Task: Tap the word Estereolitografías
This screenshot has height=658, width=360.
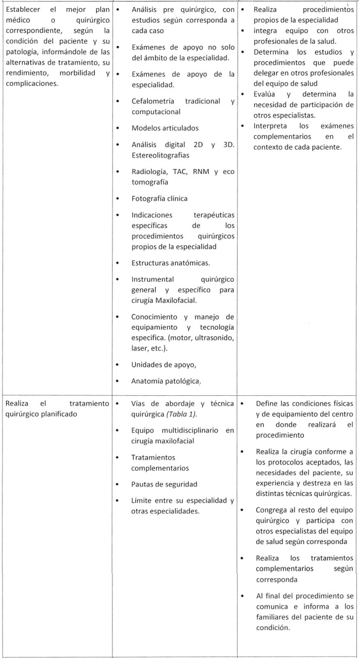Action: pos(160,155)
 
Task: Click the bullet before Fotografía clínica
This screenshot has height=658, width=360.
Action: pos(119,198)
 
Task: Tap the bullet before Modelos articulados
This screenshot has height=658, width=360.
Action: pos(119,128)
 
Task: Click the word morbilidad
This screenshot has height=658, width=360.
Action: pos(77,73)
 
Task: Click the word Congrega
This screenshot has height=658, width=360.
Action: pos(273,495)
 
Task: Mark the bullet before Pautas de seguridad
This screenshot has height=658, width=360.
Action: pos(119,470)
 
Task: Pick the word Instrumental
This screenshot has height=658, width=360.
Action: pos(153,279)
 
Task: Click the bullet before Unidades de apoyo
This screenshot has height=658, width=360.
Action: pos(119,365)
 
